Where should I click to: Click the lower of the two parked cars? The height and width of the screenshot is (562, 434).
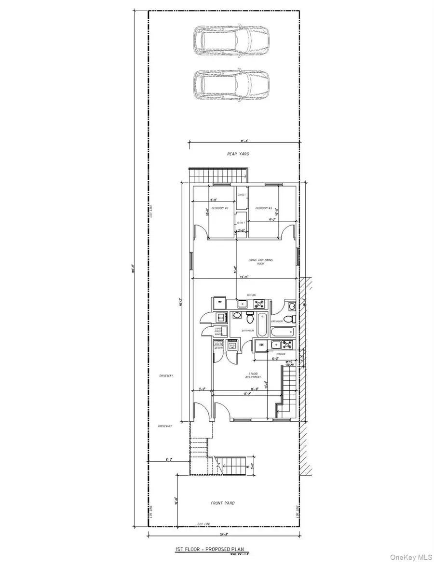[x=230, y=85]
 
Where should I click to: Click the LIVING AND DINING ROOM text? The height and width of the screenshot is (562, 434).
[x=260, y=262]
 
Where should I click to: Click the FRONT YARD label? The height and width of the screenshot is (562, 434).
[x=223, y=503]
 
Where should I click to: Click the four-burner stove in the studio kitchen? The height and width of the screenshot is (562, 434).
[x=288, y=344]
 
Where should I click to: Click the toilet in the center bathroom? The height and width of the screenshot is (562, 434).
[x=249, y=319]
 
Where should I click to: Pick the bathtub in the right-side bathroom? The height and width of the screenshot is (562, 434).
[x=282, y=332]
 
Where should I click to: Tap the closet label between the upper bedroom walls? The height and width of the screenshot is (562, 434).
[x=242, y=195]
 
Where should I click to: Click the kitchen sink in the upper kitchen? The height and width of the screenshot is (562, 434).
[x=242, y=304]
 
